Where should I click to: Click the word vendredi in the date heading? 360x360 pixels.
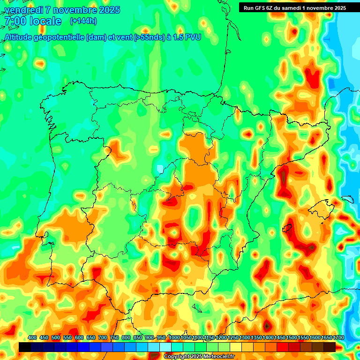click(22, 10)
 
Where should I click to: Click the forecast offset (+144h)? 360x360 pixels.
click(83, 21)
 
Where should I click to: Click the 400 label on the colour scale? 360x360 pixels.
click(32, 337)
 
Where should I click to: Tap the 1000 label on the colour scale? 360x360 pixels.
click(174, 337)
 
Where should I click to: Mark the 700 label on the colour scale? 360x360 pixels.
click(102, 337)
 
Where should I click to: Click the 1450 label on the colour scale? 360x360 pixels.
click(280, 337)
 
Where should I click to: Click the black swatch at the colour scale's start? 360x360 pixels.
click(25, 347)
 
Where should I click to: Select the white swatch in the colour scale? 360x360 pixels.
click(165, 347)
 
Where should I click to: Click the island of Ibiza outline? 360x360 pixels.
click(287, 228)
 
